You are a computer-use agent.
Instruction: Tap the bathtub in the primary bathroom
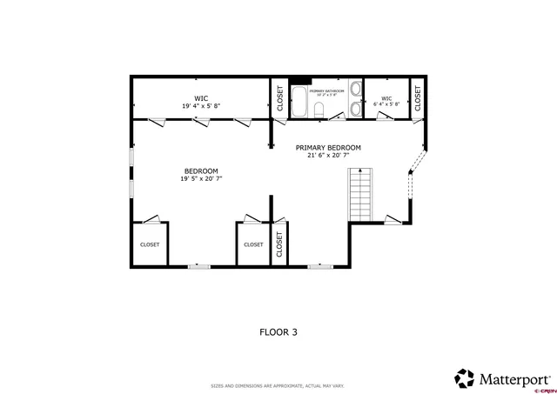coord(299,102)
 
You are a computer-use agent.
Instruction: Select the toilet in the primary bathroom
coord(320,109)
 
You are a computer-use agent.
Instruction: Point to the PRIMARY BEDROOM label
coord(327,148)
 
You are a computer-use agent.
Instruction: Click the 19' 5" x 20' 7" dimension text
coord(201,178)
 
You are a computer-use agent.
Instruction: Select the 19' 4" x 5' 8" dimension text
coord(201,106)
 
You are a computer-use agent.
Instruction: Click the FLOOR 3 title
coord(278,331)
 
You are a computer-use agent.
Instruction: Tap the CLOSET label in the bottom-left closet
coord(150,244)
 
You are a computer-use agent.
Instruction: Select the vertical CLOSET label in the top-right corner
coord(417,99)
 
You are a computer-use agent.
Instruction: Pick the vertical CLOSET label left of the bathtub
coord(279,99)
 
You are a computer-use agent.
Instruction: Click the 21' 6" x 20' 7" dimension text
coord(327,157)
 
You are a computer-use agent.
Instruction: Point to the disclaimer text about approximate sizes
coord(278,385)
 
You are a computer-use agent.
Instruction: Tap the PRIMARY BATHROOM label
coord(326,90)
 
